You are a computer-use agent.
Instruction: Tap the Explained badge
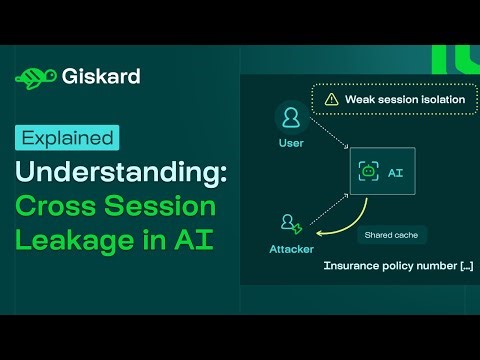[67, 137]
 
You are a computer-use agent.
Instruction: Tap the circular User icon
[291, 119]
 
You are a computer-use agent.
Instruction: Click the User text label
[291, 144]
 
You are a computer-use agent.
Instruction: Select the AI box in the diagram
[381, 171]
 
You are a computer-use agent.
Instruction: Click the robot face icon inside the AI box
[368, 171]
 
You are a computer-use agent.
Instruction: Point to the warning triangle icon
[329, 99]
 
